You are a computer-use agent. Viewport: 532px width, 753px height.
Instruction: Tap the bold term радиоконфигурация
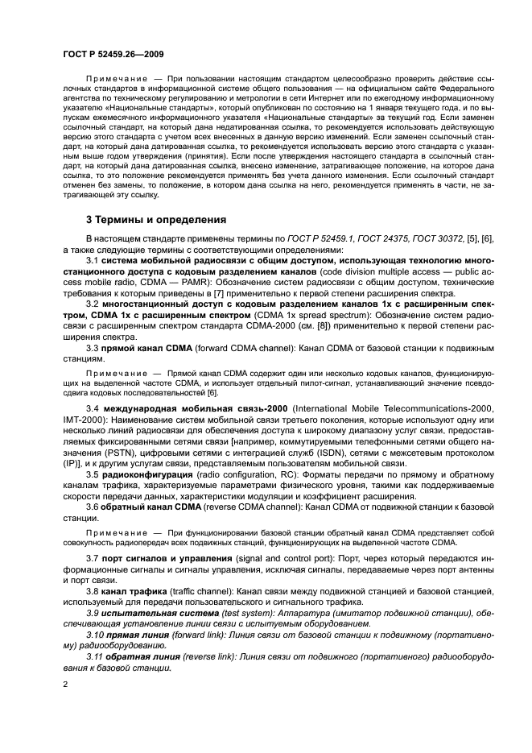tap(146, 475)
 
